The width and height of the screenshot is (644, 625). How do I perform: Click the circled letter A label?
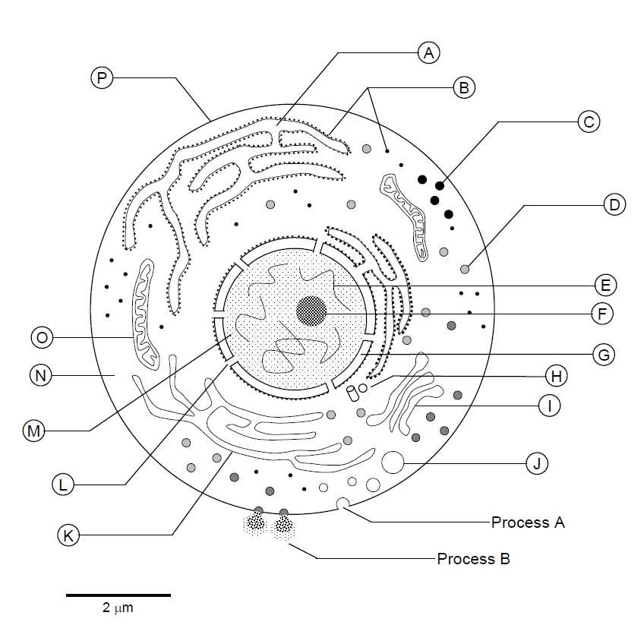pyautogui.click(x=429, y=52)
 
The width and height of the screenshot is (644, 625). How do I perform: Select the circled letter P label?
pyautogui.click(x=100, y=77)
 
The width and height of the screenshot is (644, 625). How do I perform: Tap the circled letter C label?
pyautogui.click(x=589, y=122)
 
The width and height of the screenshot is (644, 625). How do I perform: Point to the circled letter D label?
pyautogui.click(x=614, y=204)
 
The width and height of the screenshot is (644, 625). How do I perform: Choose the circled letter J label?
pyautogui.click(x=536, y=463)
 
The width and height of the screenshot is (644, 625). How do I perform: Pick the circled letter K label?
pyautogui.click(x=68, y=535)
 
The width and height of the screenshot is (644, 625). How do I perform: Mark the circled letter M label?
pyautogui.click(x=33, y=431)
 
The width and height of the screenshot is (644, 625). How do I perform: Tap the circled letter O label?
pyautogui.click(x=41, y=336)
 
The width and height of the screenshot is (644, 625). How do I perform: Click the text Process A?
pyautogui.click(x=528, y=522)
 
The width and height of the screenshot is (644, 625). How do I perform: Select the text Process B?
pyautogui.click(x=473, y=559)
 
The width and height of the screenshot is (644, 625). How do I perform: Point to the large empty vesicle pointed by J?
pyautogui.click(x=393, y=462)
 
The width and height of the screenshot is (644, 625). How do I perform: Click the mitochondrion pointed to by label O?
pyautogui.click(x=144, y=311)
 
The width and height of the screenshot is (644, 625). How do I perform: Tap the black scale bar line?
pyautogui.click(x=118, y=595)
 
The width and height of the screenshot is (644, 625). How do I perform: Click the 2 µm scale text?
pyautogui.click(x=118, y=608)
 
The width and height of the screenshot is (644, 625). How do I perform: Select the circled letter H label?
pyautogui.click(x=556, y=375)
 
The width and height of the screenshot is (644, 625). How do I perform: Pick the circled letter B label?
pyautogui.click(x=463, y=87)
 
